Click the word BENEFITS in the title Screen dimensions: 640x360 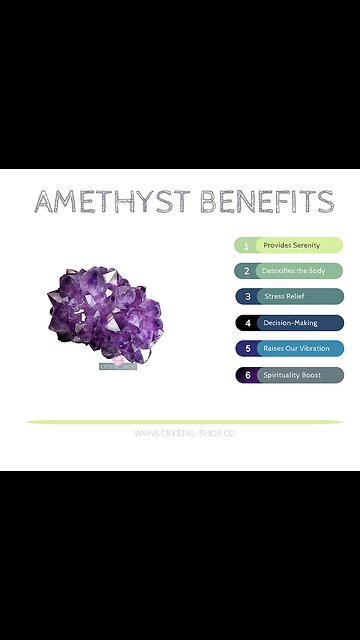tap(268, 203)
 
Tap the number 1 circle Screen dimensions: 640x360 tap(245, 245)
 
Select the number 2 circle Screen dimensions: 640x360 tap(245, 271)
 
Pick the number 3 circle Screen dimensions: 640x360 tap(245, 297)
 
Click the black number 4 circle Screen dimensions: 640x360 tap(245, 323)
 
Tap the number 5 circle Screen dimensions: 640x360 tap(245, 349)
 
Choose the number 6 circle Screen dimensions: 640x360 tap(245, 375)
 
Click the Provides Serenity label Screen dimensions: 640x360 tap(292, 245)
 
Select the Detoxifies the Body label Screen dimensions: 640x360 tap(295, 271)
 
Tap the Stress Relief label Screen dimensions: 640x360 tap(286, 297)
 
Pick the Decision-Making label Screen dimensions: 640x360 tap(290, 323)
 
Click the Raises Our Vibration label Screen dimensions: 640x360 tap(296, 349)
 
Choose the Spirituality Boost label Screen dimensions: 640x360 tap(293, 375)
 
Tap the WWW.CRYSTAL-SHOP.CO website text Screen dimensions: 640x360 tap(184, 433)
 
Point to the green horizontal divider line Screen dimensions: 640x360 tap(184, 422)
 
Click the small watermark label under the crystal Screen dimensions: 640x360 tap(115, 366)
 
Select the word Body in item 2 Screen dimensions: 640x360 tap(317, 271)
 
